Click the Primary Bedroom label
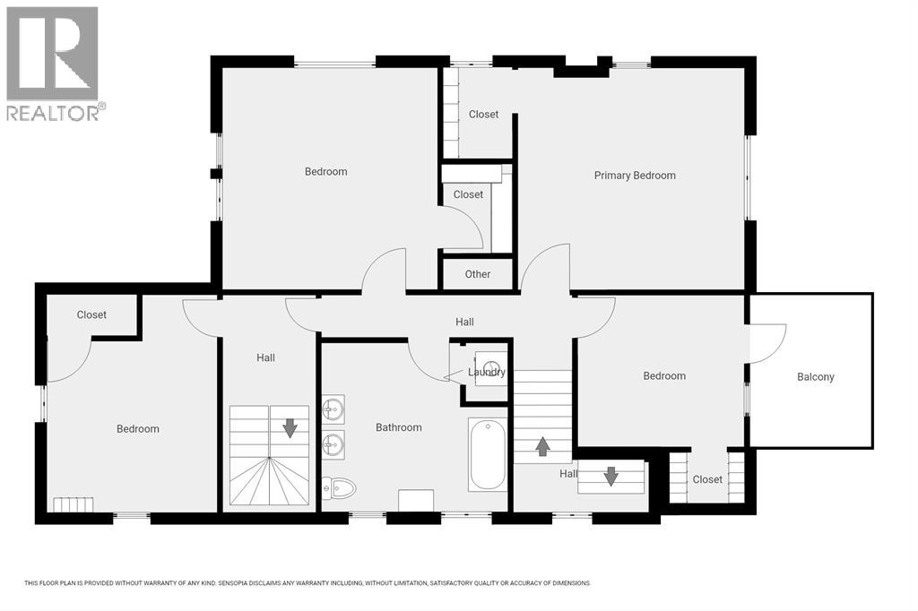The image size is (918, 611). (x=635, y=176)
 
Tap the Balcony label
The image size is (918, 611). (x=816, y=377)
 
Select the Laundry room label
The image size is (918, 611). (x=487, y=372)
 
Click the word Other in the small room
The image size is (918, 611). (x=478, y=274)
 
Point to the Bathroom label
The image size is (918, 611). (x=399, y=427)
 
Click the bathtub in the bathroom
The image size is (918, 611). (x=488, y=454)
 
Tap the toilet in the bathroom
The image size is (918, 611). (x=339, y=487)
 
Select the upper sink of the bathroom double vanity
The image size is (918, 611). (x=333, y=408)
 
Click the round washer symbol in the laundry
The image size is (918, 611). (x=487, y=366)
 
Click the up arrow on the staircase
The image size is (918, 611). (x=543, y=446)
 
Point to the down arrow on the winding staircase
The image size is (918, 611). (x=290, y=428)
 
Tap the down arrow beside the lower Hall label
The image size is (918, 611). (x=611, y=477)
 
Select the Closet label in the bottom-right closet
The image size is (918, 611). (x=707, y=479)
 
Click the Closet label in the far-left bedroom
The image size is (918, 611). (x=92, y=314)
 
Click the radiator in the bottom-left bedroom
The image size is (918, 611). (x=74, y=504)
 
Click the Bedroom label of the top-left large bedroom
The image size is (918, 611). (x=326, y=171)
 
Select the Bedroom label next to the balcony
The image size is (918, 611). (x=664, y=375)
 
